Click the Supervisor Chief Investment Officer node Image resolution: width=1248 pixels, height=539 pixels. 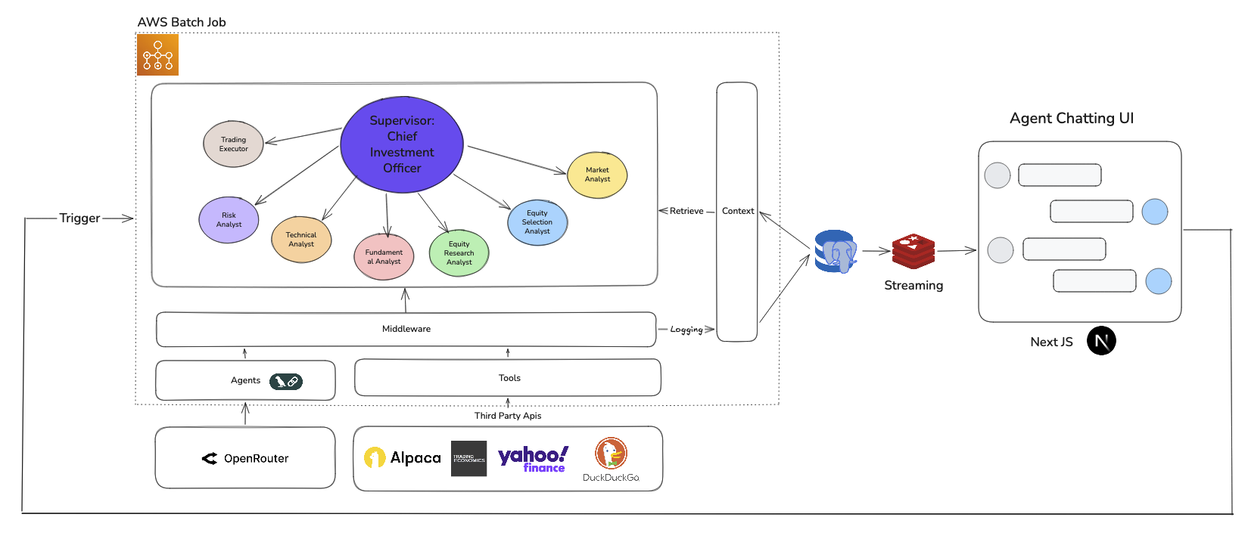[402, 144]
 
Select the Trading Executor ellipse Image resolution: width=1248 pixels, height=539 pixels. [233, 144]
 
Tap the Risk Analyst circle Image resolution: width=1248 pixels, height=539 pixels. [229, 220]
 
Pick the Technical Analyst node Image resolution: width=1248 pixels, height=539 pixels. [301, 240]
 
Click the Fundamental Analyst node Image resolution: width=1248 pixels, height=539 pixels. [384, 257]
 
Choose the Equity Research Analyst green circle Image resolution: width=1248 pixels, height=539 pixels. [459, 253]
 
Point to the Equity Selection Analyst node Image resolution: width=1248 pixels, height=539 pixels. [537, 222]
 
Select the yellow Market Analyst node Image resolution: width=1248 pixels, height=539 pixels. [597, 175]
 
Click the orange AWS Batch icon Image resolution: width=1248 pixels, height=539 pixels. [157, 55]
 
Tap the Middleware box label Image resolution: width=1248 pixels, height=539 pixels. [406, 329]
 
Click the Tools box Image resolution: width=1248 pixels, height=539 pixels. [509, 378]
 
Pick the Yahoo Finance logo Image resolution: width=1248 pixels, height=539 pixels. [533, 458]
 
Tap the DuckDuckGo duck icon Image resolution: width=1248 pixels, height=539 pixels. [611, 454]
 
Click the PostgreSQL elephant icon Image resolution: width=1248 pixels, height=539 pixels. [836, 251]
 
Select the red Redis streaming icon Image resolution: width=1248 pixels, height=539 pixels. [913, 251]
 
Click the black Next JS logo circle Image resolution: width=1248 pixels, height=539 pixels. [1101, 341]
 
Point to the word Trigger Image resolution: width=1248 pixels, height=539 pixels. [79, 218]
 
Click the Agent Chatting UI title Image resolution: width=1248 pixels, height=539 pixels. [1071, 119]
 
